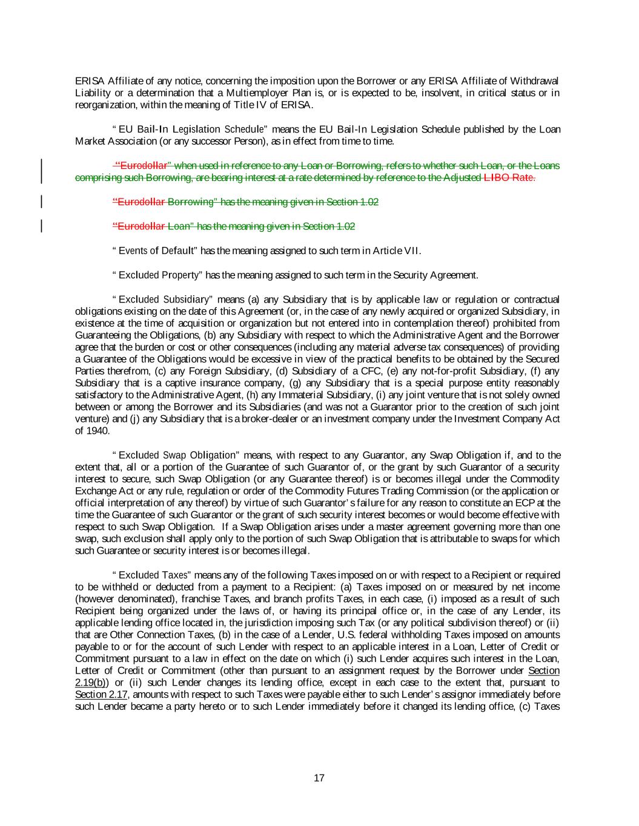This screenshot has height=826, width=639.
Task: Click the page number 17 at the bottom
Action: pos(319,778)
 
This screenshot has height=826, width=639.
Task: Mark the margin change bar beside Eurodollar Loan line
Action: pos(41,226)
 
